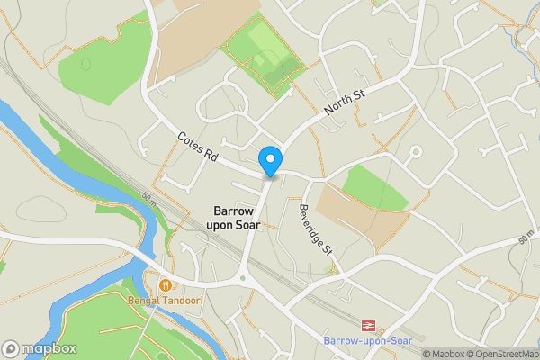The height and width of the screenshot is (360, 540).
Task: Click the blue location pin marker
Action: (269, 161)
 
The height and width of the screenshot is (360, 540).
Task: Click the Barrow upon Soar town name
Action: (237, 215)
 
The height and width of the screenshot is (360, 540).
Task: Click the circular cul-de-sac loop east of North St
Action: (415, 152)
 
